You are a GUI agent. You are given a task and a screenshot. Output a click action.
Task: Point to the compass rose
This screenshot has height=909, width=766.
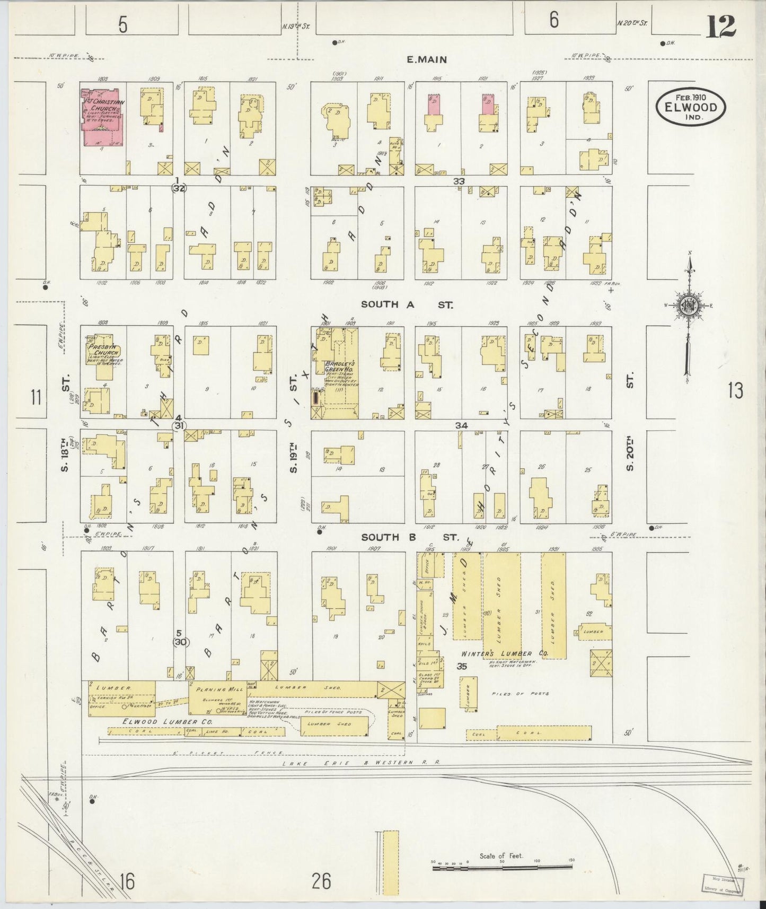(688, 307)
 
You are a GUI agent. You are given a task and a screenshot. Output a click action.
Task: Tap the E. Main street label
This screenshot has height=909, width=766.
(427, 60)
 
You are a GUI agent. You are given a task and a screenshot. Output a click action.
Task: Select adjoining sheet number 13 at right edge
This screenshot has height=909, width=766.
(735, 391)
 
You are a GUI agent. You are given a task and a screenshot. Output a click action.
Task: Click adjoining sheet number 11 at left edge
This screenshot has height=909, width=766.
(36, 397)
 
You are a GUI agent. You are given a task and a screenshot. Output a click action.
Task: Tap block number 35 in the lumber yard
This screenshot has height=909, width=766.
(462, 666)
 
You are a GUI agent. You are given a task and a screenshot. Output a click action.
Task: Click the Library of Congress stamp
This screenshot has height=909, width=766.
(724, 885)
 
